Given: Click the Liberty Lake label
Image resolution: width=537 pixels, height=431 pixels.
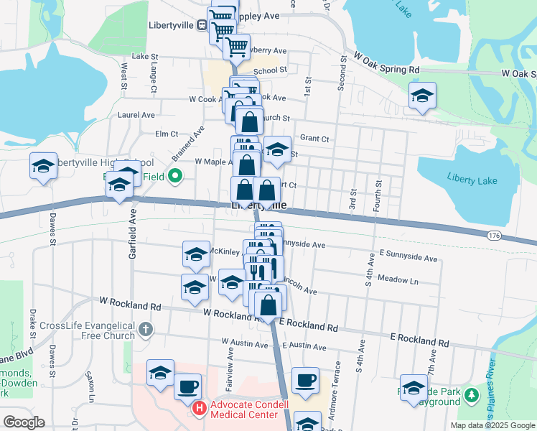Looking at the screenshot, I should tap(472, 178).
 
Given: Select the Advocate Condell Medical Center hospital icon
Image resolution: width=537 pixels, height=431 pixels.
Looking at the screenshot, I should tap(200, 409).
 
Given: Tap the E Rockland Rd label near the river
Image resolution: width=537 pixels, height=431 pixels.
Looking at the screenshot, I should tap(419, 338).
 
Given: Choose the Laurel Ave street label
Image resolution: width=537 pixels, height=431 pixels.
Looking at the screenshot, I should tap(136, 114).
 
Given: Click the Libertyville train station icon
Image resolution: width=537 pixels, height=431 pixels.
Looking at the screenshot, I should tap(202, 24).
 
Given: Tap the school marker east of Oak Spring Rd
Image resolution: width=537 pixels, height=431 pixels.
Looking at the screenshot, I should tap(422, 96).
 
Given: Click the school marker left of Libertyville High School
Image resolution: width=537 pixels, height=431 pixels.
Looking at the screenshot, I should tap(43, 167).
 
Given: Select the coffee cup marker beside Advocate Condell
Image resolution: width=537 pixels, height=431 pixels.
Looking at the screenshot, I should tap(187, 386).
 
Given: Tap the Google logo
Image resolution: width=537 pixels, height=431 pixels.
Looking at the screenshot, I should tap(24, 422).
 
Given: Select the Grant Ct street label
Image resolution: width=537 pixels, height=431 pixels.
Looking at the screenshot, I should tap(314, 137).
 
